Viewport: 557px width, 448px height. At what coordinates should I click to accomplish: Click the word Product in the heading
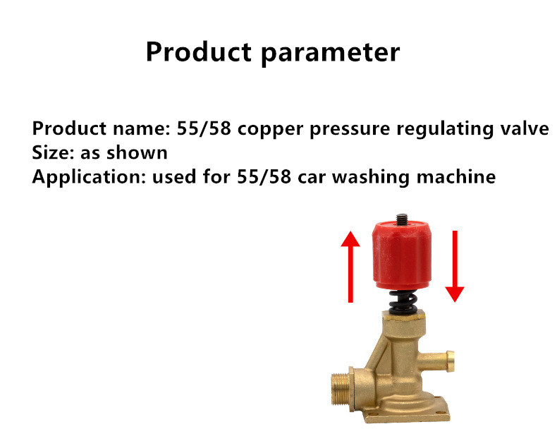coord(199,52)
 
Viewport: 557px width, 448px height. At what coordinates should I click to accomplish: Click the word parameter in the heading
coord(331,54)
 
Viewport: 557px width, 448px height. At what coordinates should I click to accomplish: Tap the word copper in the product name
coord(270,129)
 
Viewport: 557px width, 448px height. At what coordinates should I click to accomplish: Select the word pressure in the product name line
coord(350,129)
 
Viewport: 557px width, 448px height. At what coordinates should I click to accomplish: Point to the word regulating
coord(445,128)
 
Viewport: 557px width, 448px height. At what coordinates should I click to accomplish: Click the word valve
coord(525,128)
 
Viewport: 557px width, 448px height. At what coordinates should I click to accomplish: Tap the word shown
coord(137,152)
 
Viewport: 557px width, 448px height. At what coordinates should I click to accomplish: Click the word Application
coord(89,176)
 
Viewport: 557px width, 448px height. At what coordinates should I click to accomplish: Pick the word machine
coord(456,176)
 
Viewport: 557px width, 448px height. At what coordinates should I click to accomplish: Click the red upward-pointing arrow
coord(350,267)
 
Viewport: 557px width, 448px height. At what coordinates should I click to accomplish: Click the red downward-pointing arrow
coord(455,266)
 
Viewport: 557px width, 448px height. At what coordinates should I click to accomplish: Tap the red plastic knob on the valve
coord(402,255)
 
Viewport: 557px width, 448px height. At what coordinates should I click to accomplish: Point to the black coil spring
coord(403,302)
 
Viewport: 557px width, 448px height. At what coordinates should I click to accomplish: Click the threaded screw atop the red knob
coord(402,219)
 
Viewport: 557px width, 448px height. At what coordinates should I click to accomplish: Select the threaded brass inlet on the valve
coord(342,389)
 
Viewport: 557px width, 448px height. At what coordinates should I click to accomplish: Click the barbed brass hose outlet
coord(436,361)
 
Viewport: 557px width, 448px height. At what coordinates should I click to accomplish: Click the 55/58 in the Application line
coord(264,177)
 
